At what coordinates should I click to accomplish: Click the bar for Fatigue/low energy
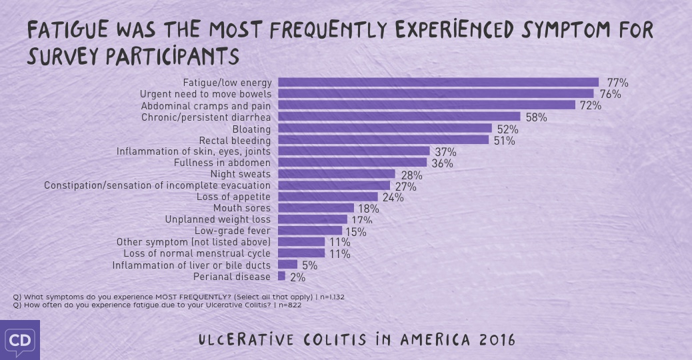pyautogui.click(x=438, y=83)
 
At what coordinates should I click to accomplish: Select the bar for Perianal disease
pyautogui.click(x=281, y=276)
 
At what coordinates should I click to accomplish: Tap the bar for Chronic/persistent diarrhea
pyautogui.click(x=399, y=117)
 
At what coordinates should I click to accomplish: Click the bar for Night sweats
pyautogui.click(x=337, y=174)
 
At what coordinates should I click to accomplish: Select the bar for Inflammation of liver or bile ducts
pyautogui.click(x=287, y=265)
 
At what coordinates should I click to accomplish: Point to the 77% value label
pyautogui.click(x=617, y=83)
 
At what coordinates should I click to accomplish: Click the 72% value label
pyautogui.click(x=591, y=106)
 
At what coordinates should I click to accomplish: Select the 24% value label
pyautogui.click(x=393, y=198)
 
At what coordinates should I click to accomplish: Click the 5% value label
pyautogui.click(x=309, y=265)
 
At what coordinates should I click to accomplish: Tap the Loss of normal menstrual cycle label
pyautogui.click(x=197, y=253)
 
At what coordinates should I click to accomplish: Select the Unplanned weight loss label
pyautogui.click(x=217, y=219)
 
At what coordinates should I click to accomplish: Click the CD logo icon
pyautogui.click(x=19, y=341)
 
